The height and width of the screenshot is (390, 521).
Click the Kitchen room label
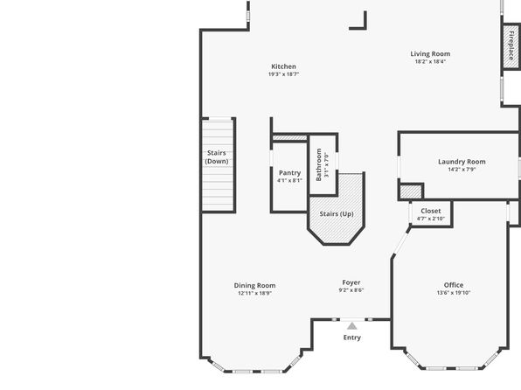pyautogui.click(x=283, y=66)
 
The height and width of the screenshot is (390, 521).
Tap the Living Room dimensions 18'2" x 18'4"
pyautogui.click(x=430, y=61)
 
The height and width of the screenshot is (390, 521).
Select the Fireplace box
pyautogui.click(x=511, y=46)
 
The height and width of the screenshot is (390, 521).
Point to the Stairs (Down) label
pyautogui.click(x=217, y=157)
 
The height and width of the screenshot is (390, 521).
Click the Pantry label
pyautogui.click(x=289, y=173)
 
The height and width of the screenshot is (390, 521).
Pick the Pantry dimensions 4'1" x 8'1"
pyautogui.click(x=289, y=180)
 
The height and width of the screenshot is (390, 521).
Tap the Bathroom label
pyautogui.click(x=319, y=164)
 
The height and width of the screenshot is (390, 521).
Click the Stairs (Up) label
pyautogui.click(x=337, y=213)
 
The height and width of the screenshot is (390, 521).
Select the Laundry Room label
pyautogui.click(x=462, y=162)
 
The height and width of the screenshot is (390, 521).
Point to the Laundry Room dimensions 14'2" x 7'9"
pyautogui.click(x=462, y=170)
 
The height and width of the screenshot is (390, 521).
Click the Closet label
pyautogui.click(x=431, y=211)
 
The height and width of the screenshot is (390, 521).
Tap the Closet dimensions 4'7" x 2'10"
pyautogui.click(x=431, y=219)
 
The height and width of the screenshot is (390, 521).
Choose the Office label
pyautogui.click(x=454, y=285)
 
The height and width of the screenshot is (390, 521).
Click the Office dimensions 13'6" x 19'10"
pyautogui.click(x=454, y=293)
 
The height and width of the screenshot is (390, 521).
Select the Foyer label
pyautogui.click(x=351, y=282)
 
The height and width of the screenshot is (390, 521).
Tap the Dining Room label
pyautogui.click(x=254, y=286)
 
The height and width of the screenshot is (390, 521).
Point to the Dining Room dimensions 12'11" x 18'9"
pyautogui.click(x=254, y=293)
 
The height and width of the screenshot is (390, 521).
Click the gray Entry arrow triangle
pyautogui.click(x=352, y=326)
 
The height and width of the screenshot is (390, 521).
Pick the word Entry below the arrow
pyautogui.click(x=352, y=338)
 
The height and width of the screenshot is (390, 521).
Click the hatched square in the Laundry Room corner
pyautogui.click(x=411, y=192)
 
